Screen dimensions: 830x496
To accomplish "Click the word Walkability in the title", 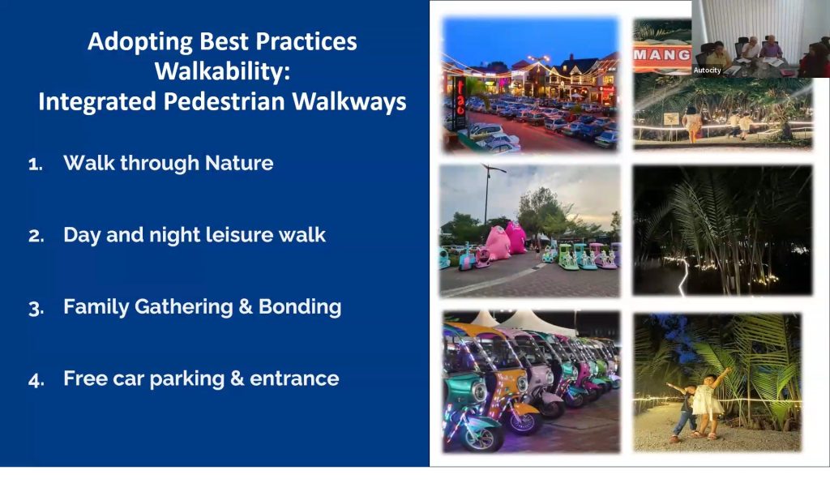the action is click(222, 71).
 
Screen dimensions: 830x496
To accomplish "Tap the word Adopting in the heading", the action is click(139, 42).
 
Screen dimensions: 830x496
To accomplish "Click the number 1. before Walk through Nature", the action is click(36, 164).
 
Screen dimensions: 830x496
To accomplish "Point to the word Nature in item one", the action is click(239, 163).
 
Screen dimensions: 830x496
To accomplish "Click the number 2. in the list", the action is click(36, 236).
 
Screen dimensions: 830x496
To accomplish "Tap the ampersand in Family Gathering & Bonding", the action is click(245, 306).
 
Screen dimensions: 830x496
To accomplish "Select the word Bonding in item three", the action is click(300, 307).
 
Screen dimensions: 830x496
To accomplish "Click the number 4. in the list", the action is click(36, 380).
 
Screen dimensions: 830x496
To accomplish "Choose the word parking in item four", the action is click(187, 379).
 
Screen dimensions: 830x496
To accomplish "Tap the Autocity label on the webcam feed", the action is click(707, 71).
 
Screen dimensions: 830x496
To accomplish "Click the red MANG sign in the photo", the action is click(662, 56).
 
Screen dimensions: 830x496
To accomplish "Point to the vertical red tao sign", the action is click(460, 103).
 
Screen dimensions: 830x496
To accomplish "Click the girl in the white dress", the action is click(707, 403).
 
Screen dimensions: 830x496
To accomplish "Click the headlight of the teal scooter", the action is click(479, 391).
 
